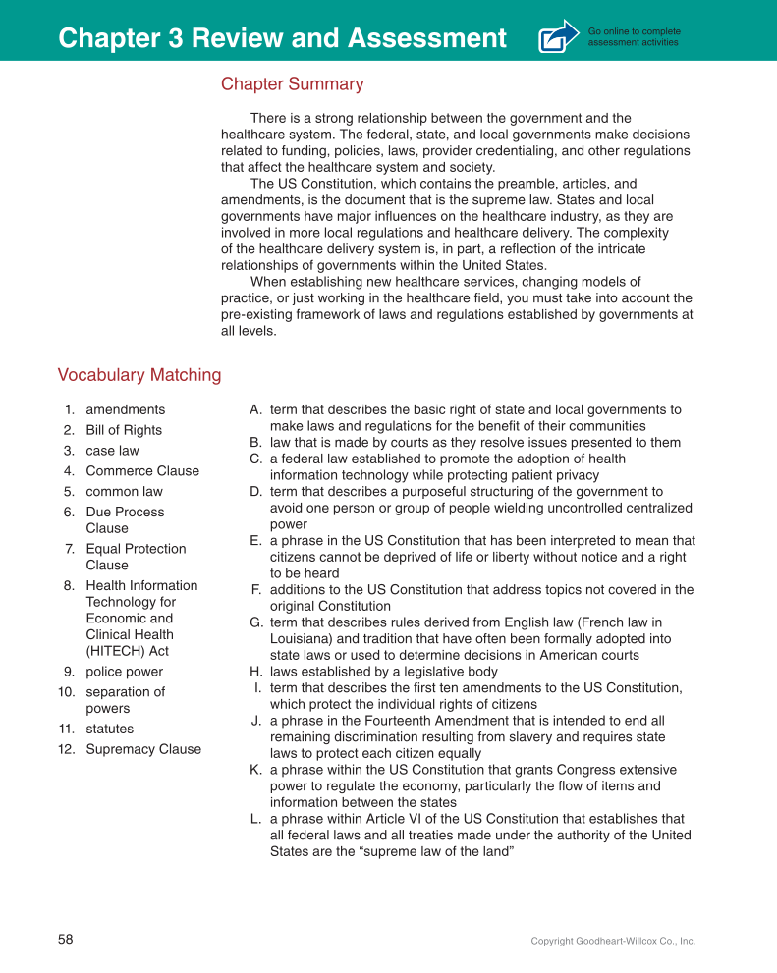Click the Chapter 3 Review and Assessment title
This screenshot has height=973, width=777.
point(282,38)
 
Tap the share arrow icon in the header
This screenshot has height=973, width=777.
point(559,36)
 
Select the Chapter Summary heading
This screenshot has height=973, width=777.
point(292,84)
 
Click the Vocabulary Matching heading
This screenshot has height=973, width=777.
point(139,375)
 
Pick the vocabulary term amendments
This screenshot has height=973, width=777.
point(125,409)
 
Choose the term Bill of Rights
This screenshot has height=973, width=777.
point(124,430)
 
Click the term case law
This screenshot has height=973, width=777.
point(112,451)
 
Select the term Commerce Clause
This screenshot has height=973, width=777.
point(141,471)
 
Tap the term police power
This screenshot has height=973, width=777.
point(124,672)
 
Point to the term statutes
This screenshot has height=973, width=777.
point(109,729)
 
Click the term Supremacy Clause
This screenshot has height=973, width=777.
point(142,749)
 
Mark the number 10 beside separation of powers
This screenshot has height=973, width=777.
point(66,692)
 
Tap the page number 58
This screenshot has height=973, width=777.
point(65,940)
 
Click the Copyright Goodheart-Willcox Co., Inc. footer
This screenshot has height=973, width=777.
point(612,941)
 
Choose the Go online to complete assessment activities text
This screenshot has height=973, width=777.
point(634,37)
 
